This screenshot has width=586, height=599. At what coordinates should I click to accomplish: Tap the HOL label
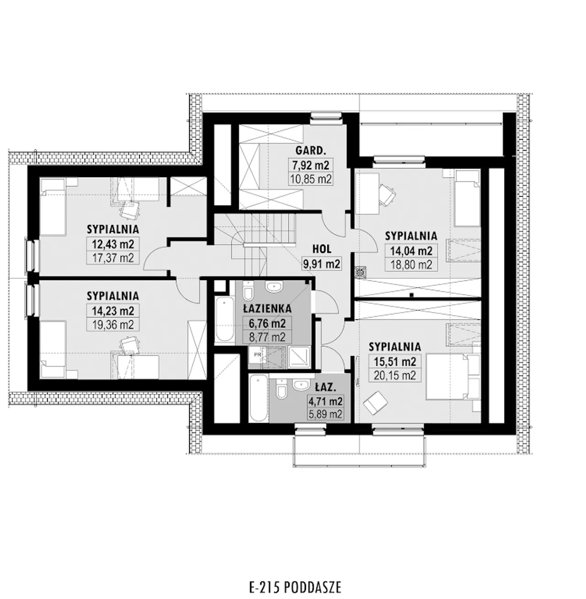[x=322, y=249]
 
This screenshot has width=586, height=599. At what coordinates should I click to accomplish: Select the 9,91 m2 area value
[x=322, y=264]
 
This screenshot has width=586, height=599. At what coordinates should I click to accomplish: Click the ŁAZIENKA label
[x=267, y=308]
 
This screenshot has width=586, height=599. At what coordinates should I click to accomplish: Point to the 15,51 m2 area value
[x=395, y=362]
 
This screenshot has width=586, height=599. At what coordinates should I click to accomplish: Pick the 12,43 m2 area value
[x=113, y=244]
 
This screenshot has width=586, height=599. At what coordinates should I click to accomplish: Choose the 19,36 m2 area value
[x=113, y=325]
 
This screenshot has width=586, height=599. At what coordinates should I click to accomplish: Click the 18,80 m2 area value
[x=412, y=264]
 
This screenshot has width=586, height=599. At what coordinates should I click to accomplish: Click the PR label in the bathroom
[x=257, y=354]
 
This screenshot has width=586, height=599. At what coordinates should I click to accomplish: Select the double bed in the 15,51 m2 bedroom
[x=453, y=377]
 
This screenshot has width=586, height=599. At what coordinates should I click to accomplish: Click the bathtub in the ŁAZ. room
[x=258, y=398]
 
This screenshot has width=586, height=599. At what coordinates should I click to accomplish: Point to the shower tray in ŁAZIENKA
[x=298, y=357]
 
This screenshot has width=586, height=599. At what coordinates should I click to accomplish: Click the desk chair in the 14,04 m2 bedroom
[x=386, y=194]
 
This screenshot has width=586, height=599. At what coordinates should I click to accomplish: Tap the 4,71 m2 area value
[x=325, y=401]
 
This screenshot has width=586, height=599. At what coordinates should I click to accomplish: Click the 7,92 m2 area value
[x=310, y=165]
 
